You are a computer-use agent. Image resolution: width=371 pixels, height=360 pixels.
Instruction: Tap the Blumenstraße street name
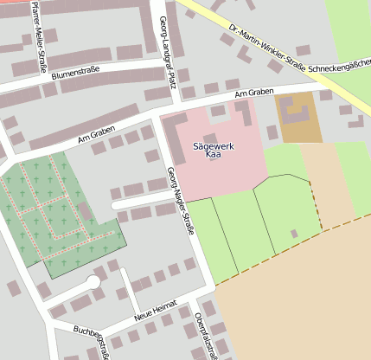[75, 75]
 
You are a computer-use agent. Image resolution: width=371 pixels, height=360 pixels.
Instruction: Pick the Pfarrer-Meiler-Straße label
[35, 29]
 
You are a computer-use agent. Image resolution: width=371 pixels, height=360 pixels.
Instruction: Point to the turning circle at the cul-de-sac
[93, 282]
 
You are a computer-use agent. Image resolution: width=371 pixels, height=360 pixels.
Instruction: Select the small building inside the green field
[294, 234]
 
